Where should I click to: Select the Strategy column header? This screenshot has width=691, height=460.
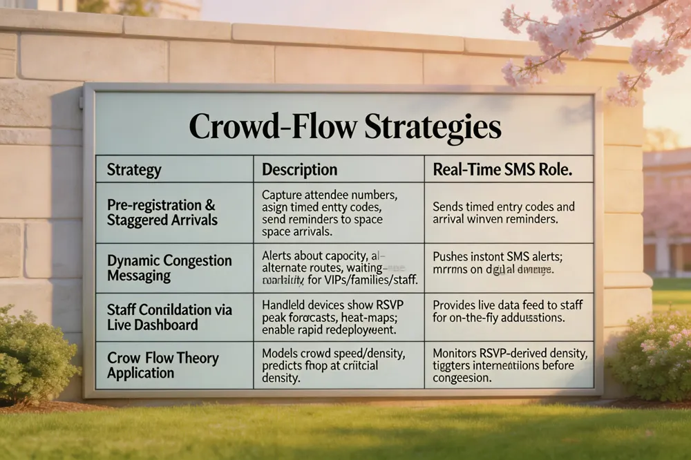tap(134, 170)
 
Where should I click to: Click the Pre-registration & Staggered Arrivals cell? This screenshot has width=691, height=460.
tap(161, 212)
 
